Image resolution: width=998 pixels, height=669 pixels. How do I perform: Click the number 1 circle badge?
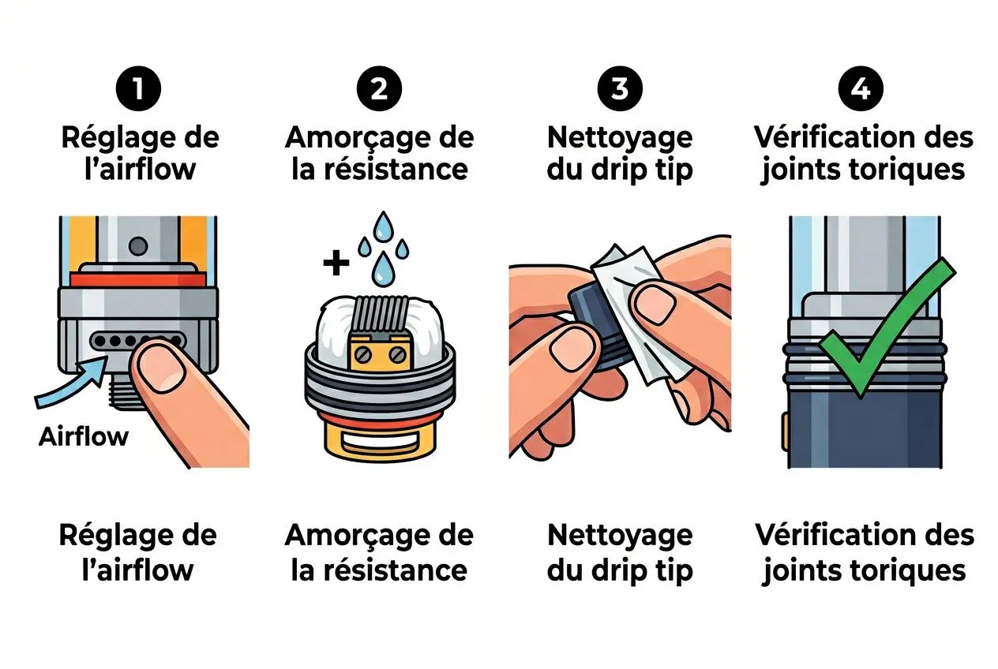coord(139,89)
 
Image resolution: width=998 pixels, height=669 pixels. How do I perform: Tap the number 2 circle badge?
coord(379,89)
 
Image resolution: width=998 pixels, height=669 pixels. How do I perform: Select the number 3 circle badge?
coord(620,89)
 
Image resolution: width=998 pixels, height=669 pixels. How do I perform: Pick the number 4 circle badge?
coord(861,89)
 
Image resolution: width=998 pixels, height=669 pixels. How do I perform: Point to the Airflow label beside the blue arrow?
coord(83,436)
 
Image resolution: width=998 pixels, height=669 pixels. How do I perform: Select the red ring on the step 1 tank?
coord(137,278)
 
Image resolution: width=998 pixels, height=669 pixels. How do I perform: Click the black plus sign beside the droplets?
coord(336,263)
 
